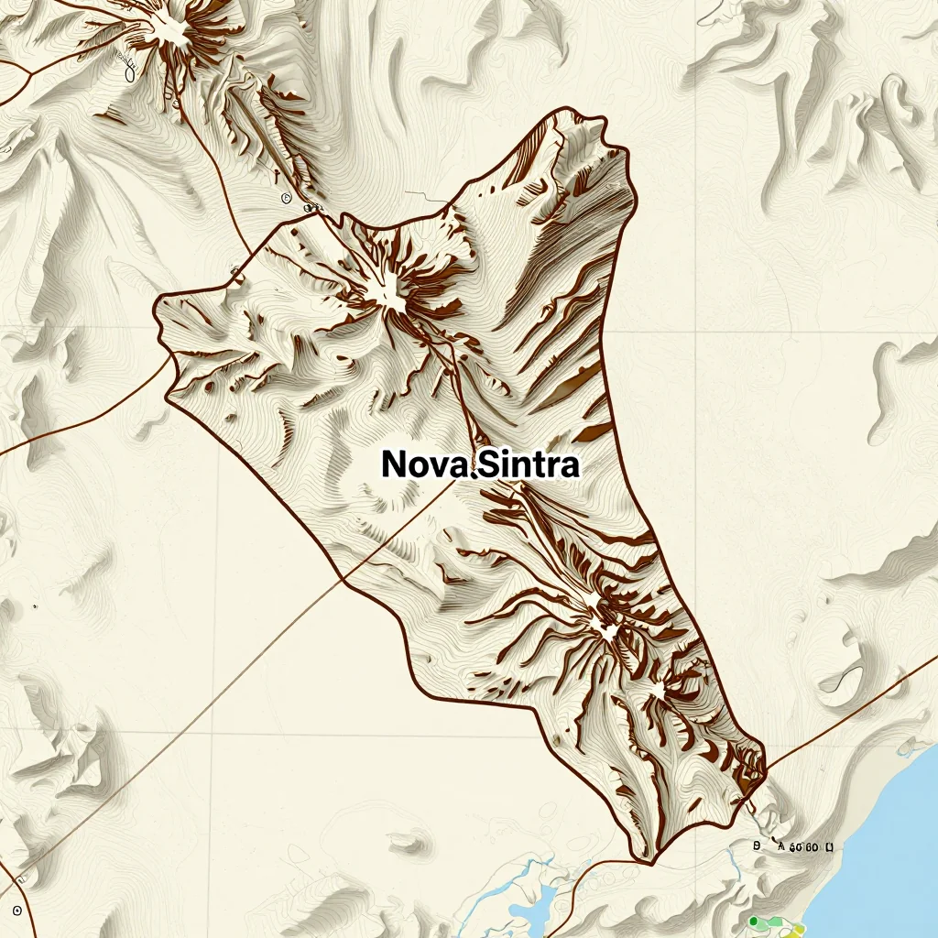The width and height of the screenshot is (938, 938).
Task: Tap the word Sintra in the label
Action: coord(530,464)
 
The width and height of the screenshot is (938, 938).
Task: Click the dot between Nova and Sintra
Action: coord(473,474)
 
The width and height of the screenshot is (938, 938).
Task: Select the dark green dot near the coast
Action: coord(753,921)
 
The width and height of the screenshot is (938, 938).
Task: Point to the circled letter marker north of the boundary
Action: coord(287,197)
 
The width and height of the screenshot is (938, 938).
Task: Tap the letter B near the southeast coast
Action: coord(757,847)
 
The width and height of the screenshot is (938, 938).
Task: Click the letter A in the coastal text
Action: coord(781,848)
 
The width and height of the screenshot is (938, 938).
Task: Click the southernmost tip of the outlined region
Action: coord(649,862)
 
